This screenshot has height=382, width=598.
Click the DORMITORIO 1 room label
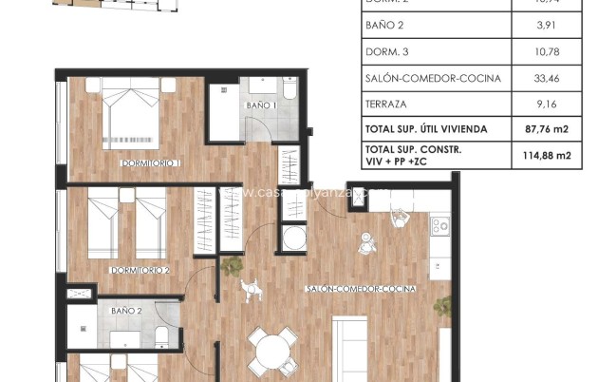pos(151,163)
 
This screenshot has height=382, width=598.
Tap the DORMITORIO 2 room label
pos(140,271)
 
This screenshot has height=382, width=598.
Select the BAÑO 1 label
pos(261,105)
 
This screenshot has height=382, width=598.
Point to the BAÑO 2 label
pos(126,311)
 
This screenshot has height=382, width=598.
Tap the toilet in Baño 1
pos(290,92)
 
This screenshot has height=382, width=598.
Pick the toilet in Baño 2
pos(161,335)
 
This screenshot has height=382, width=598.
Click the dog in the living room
pos(251,287)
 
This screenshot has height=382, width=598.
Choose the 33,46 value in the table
pos(551,79)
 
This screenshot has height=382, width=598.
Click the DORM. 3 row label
pos(386,54)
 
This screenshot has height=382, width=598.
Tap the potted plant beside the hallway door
pos(231,267)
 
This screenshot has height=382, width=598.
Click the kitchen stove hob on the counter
pos(440,226)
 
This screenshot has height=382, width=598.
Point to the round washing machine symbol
pos(293,238)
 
